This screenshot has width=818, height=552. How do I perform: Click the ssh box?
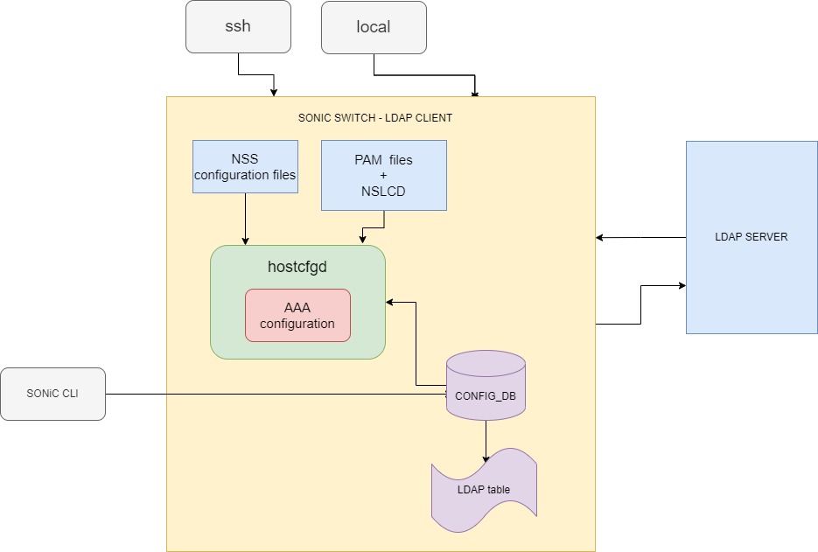point(238,26)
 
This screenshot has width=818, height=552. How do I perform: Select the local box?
point(374,26)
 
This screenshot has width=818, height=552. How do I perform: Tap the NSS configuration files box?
point(245,167)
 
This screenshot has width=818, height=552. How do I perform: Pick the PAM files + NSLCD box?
point(383,175)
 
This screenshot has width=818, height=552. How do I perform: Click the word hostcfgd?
point(297,267)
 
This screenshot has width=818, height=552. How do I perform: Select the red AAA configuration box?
point(297,316)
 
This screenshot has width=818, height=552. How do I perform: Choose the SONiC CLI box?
point(52,394)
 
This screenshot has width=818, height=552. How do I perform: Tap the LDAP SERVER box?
point(752,237)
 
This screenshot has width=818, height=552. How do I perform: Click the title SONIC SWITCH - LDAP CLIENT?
point(375,117)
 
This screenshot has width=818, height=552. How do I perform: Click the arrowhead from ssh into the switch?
point(275,92)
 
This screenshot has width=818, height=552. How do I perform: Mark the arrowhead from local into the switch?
point(475,93)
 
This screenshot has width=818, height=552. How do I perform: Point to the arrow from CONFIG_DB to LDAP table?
point(486,442)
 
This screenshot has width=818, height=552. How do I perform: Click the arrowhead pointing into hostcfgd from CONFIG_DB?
point(390,302)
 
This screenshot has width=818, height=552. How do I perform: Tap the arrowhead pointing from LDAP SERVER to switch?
point(600,237)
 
